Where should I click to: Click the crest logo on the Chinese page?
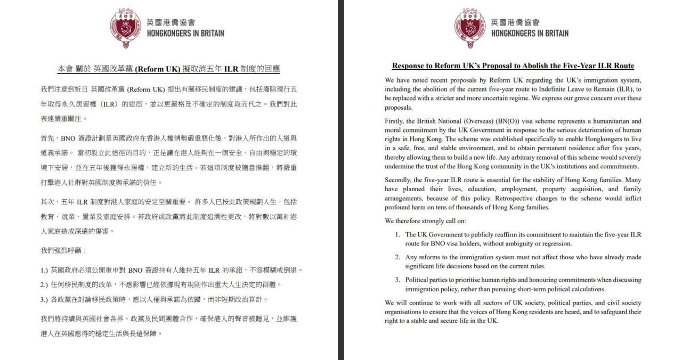(x=126, y=28)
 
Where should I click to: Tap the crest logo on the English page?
(x=470, y=28)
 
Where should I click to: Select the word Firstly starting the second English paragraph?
(x=394, y=121)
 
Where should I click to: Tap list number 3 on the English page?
(x=397, y=280)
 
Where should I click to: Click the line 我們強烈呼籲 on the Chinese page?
(x=63, y=250)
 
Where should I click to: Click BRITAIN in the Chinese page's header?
(x=207, y=33)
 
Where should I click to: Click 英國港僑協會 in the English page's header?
(x=515, y=22)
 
